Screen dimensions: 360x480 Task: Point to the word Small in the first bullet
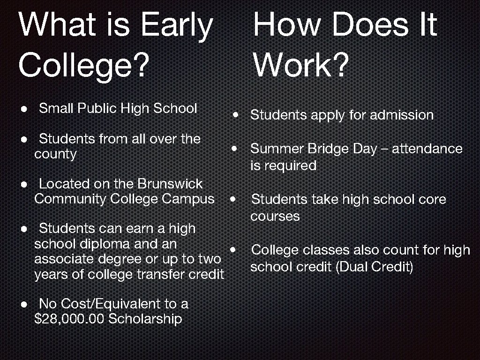pyautogui.click(x=56, y=109)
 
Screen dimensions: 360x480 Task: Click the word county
pyautogui.click(x=55, y=154)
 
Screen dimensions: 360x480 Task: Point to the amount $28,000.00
pyautogui.click(x=69, y=319)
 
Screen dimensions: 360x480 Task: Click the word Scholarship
pyautogui.click(x=145, y=319)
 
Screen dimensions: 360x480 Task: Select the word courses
pyautogui.click(x=275, y=216)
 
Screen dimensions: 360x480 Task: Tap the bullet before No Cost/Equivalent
pyautogui.click(x=23, y=304)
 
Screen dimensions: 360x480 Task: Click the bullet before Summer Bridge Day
pyautogui.click(x=233, y=149)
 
